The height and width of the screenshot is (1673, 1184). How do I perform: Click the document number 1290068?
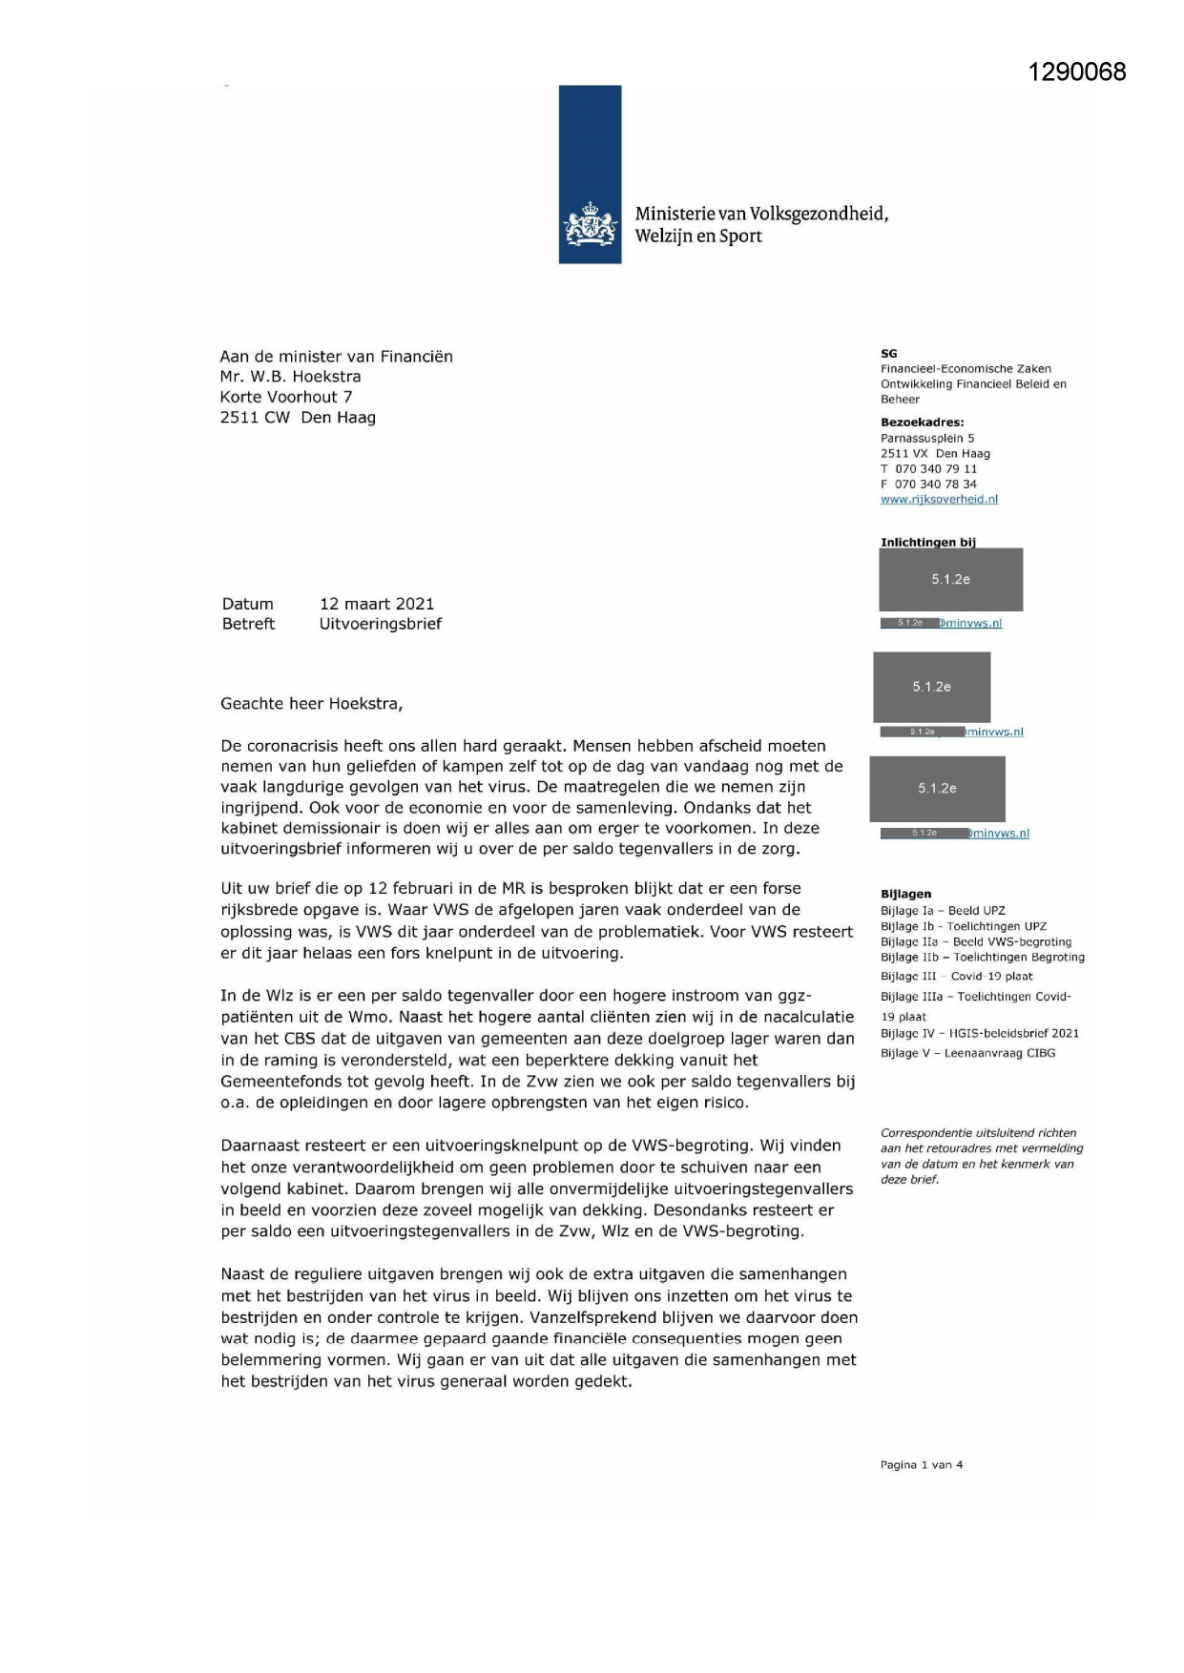tap(1077, 72)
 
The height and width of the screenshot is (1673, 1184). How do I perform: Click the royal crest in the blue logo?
tap(591, 226)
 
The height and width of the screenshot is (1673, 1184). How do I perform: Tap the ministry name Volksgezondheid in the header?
tap(819, 214)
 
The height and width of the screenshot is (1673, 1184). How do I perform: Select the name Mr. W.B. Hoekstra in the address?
tap(290, 377)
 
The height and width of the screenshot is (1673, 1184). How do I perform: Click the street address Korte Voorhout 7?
tap(285, 397)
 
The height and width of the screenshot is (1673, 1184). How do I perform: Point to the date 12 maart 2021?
tap(377, 604)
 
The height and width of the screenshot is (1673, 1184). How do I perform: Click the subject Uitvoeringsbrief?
tap(381, 624)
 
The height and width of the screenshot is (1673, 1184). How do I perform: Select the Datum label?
tap(248, 604)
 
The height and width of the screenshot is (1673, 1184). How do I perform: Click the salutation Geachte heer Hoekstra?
tap(311, 704)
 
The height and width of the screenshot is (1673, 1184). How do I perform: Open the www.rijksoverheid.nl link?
tap(939, 499)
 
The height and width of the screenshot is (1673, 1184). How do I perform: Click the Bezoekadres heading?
tap(922, 422)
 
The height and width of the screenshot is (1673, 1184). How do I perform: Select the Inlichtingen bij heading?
tap(927, 542)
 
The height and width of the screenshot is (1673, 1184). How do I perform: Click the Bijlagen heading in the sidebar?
tap(905, 894)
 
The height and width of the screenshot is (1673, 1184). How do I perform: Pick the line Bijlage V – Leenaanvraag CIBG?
tap(967, 1053)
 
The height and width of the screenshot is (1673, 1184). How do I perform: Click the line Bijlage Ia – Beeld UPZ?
tap(943, 911)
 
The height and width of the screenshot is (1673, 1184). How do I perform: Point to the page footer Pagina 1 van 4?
tap(921, 1465)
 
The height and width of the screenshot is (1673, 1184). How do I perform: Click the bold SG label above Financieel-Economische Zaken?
tap(888, 353)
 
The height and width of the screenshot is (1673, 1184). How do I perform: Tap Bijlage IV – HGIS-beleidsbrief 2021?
tap(980, 1033)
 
